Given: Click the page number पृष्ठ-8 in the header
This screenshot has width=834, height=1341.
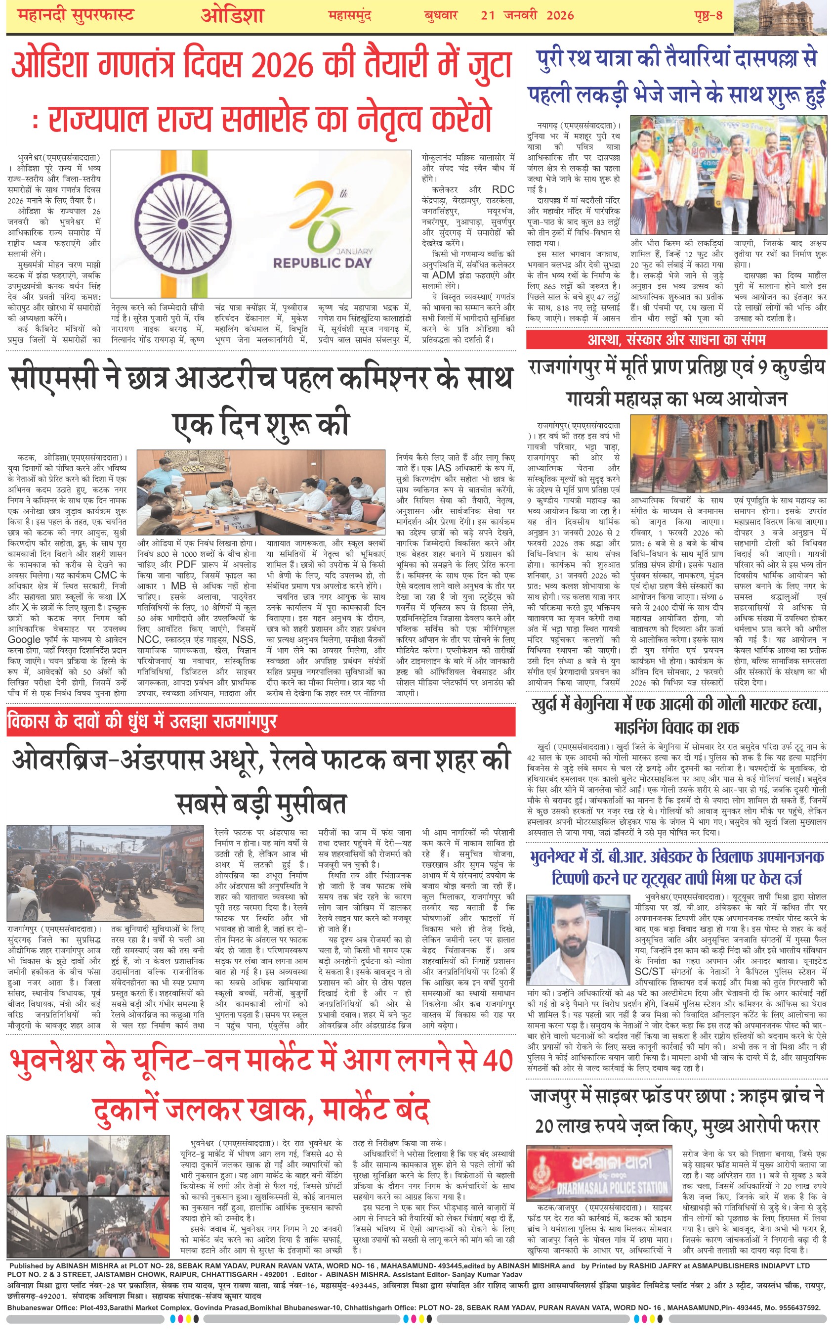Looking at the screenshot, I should tap(708, 15).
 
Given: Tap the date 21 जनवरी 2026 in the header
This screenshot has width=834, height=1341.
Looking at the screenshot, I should tap(527, 15).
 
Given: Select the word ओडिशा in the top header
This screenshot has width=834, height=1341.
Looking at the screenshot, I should tap(232, 15).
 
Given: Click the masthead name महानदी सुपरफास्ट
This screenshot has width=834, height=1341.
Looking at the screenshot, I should tap(76, 15).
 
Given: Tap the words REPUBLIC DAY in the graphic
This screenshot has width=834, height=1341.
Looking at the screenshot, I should tap(323, 263).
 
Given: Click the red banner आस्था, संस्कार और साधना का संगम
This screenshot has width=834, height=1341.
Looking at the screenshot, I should tap(676, 339).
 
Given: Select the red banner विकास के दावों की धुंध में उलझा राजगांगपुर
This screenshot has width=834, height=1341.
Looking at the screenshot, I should tap(142, 722).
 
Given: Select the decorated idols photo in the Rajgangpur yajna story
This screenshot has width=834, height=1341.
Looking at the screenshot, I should tap(728, 453).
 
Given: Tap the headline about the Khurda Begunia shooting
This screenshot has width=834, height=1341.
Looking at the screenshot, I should tap(676, 715).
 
